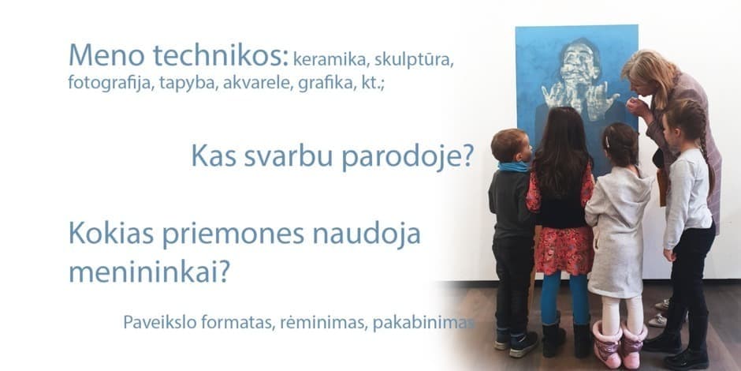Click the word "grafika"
[x=327, y=83]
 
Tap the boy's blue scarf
[x=514, y=167]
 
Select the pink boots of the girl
[x=619, y=344]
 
